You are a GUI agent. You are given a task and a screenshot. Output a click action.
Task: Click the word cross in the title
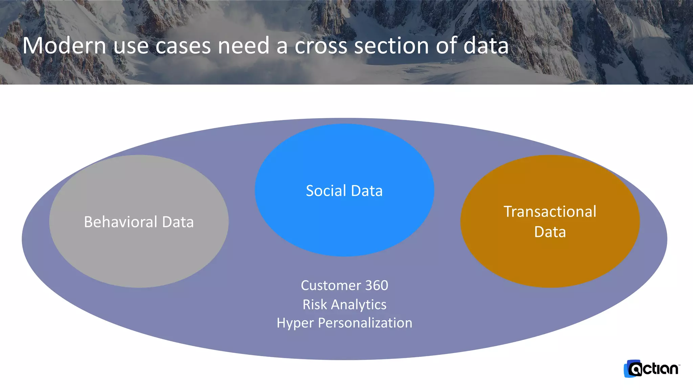[x=321, y=46]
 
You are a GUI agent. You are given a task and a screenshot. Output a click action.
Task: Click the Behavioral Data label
[x=139, y=222]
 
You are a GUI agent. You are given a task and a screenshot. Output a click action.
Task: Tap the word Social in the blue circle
[x=326, y=191]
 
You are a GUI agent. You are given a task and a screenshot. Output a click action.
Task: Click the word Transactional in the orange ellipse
[x=550, y=212]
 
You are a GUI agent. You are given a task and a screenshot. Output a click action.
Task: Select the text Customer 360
[x=344, y=285]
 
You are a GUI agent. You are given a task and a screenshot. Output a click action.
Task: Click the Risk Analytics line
[x=344, y=304]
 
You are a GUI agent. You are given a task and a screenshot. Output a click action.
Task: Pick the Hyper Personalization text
[x=344, y=323]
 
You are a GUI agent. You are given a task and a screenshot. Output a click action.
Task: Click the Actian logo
[x=651, y=369]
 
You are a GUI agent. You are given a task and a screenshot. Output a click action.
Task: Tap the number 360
[x=377, y=285]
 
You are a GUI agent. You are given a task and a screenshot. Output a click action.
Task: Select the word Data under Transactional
[x=550, y=232]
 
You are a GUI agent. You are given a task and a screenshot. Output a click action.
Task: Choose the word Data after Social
[x=367, y=191]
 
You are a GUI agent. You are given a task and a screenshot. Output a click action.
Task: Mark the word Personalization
[x=365, y=323]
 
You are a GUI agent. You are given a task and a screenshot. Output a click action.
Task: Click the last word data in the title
[x=486, y=46]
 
